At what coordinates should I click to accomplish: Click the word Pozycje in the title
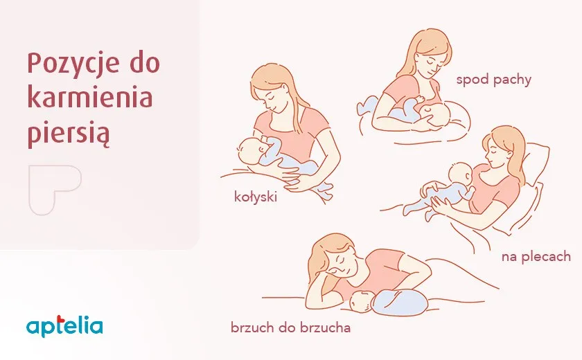point(73,64)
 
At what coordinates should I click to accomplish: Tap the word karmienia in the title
point(90,97)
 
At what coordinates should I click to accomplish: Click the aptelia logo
point(64,326)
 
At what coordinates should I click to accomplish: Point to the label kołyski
point(256,197)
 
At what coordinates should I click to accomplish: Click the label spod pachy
point(493,80)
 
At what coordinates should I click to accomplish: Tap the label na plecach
point(536,257)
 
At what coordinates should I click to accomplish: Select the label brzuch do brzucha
point(290,327)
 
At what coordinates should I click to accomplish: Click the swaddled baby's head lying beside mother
point(362,301)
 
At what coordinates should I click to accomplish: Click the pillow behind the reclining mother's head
point(534,163)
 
